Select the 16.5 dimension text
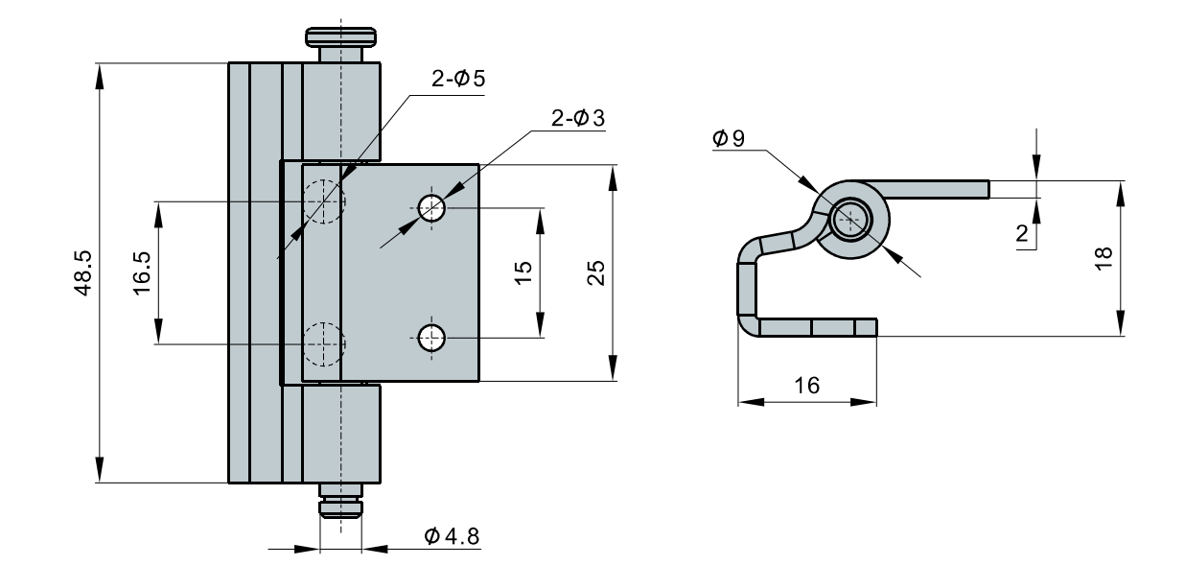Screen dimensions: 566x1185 coord(142,272)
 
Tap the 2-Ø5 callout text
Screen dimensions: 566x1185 coord(457,81)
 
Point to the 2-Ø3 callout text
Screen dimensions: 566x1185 coord(578,118)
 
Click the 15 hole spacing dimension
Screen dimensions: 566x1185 coord(523,272)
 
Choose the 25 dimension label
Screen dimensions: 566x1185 coord(594,272)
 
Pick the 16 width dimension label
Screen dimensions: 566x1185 coord(807,385)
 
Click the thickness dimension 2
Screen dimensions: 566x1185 coord(1023,232)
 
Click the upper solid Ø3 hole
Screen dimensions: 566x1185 coord(431,207)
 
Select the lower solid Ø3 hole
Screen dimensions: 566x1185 coord(431,337)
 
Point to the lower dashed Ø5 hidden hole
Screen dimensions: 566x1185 coord(323,342)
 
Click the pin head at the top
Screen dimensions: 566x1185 coord(340,38)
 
